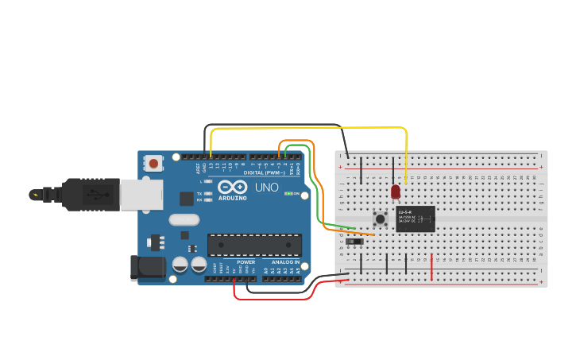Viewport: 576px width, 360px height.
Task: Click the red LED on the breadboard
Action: coord(396,192)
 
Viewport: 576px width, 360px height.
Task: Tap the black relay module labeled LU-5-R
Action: coord(416,219)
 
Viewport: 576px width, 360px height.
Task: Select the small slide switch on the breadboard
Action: coord(354,241)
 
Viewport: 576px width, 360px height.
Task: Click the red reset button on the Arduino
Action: coord(153,164)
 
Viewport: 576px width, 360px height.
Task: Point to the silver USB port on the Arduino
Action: coord(141,194)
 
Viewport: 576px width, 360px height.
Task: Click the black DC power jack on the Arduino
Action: coord(148,267)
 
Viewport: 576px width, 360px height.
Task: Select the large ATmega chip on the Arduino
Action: coord(254,245)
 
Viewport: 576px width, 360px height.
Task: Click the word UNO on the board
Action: coord(266,188)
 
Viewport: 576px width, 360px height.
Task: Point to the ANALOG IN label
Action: coord(286,261)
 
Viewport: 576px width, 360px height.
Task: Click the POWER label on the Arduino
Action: coord(246,261)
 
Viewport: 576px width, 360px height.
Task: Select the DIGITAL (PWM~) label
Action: coord(264,172)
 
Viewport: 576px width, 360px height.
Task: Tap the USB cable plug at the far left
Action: coord(36,194)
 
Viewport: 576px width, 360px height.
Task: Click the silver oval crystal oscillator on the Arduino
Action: coord(184,219)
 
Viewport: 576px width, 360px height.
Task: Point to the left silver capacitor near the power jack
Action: coord(180,264)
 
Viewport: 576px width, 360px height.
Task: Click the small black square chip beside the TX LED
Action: coord(186,199)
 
